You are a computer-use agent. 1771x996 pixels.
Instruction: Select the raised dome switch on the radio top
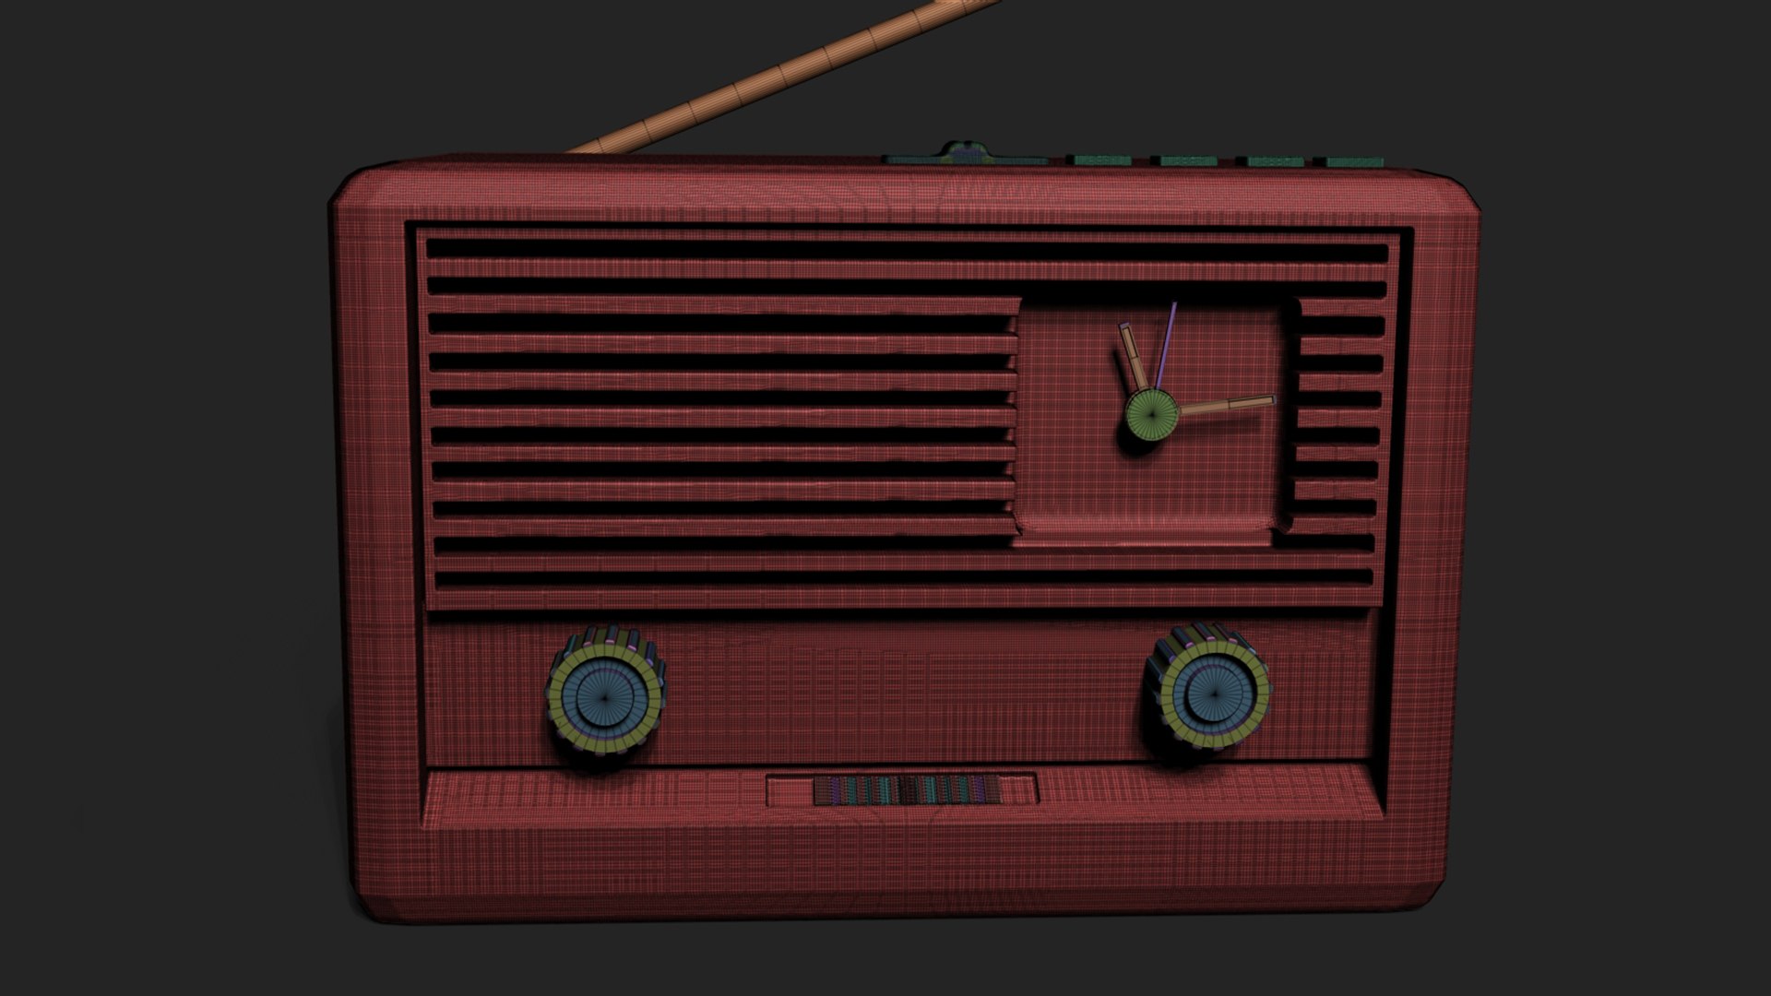click(962, 151)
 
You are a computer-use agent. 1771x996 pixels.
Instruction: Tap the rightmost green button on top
click(1355, 161)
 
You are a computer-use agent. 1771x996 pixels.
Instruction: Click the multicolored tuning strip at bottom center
click(907, 790)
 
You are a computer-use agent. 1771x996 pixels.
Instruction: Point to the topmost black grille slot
click(904, 252)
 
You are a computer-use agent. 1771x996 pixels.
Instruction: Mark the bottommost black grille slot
click(904, 578)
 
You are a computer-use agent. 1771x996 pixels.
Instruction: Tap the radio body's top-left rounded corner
click(355, 189)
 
